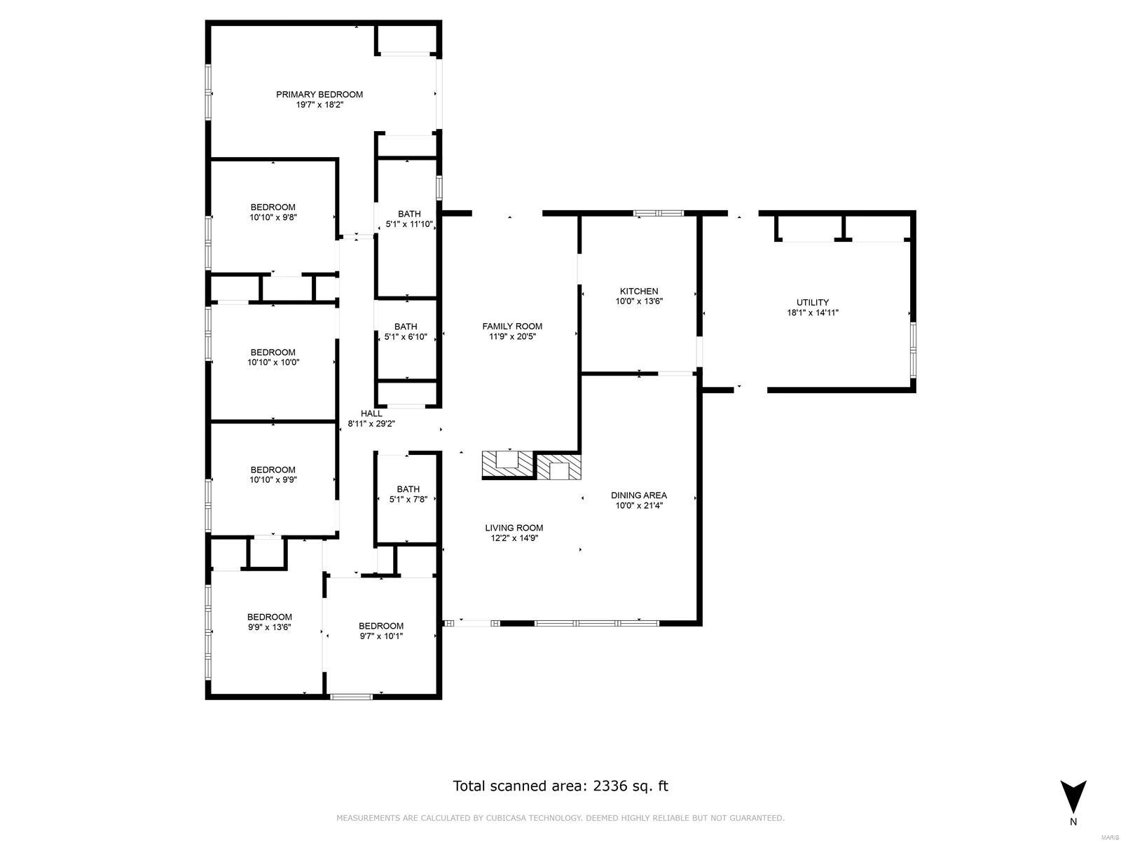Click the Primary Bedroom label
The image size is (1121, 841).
[319, 95]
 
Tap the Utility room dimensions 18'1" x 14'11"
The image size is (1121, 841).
[812, 313]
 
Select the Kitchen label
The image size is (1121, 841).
[638, 291]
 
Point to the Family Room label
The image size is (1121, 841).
[511, 326]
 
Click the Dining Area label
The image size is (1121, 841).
[638, 495]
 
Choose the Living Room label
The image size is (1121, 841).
[514, 528]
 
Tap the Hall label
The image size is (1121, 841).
[371, 413]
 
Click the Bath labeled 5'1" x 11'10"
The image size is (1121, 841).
[409, 219]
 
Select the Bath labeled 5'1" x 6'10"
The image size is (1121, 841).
[405, 331]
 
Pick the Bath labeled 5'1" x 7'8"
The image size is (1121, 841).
[408, 494]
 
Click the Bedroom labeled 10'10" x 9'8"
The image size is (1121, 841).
[273, 212]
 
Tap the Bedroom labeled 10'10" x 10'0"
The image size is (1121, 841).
[273, 357]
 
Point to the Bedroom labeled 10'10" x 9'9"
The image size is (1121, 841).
[273, 474]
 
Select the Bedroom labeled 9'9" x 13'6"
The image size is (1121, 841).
[269, 622]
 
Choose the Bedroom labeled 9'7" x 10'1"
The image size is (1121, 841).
[380, 631]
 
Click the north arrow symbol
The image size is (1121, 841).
[1073, 796]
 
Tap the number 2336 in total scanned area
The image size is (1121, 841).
[611, 786]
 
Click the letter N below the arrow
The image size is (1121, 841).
[1073, 822]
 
